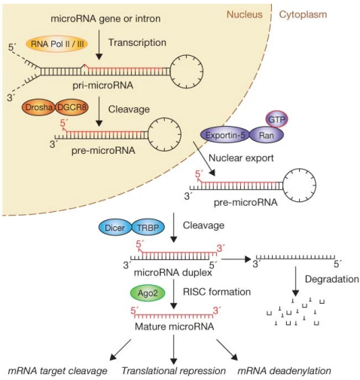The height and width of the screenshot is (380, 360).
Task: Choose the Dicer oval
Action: pyautogui.click(x=114, y=226)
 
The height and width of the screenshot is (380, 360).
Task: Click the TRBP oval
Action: pyautogui.click(x=147, y=226)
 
